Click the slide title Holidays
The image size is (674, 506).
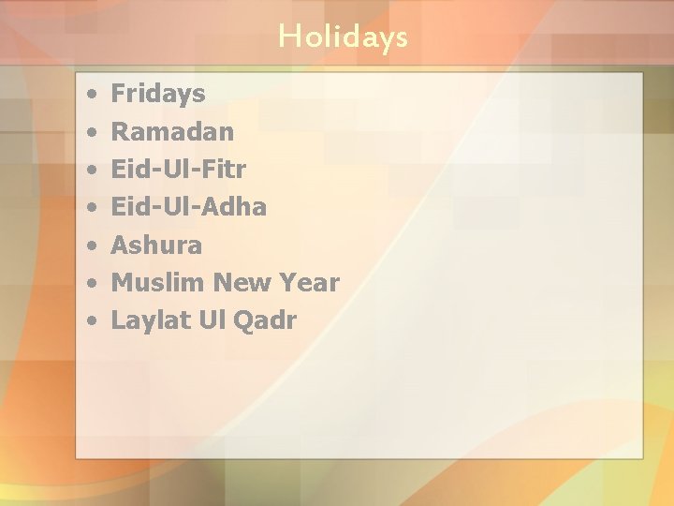[x=343, y=37]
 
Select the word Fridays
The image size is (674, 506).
[x=157, y=94]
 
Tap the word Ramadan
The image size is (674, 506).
[x=172, y=131]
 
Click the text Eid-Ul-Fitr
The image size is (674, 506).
[x=178, y=169]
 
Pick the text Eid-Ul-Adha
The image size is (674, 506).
[x=188, y=206]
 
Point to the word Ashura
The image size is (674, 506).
[x=156, y=245]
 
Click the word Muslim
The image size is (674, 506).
[x=158, y=282]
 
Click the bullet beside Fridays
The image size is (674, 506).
[x=91, y=95]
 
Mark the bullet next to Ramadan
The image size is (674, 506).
[x=91, y=132]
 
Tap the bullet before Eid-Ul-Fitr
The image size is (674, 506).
[x=91, y=171]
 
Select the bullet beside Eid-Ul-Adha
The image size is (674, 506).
[x=91, y=208]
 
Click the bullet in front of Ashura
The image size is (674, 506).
[x=91, y=246]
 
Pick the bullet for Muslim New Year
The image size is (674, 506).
[x=91, y=284]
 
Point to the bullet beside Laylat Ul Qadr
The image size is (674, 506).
[x=91, y=321]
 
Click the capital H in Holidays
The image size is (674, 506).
[x=289, y=37]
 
